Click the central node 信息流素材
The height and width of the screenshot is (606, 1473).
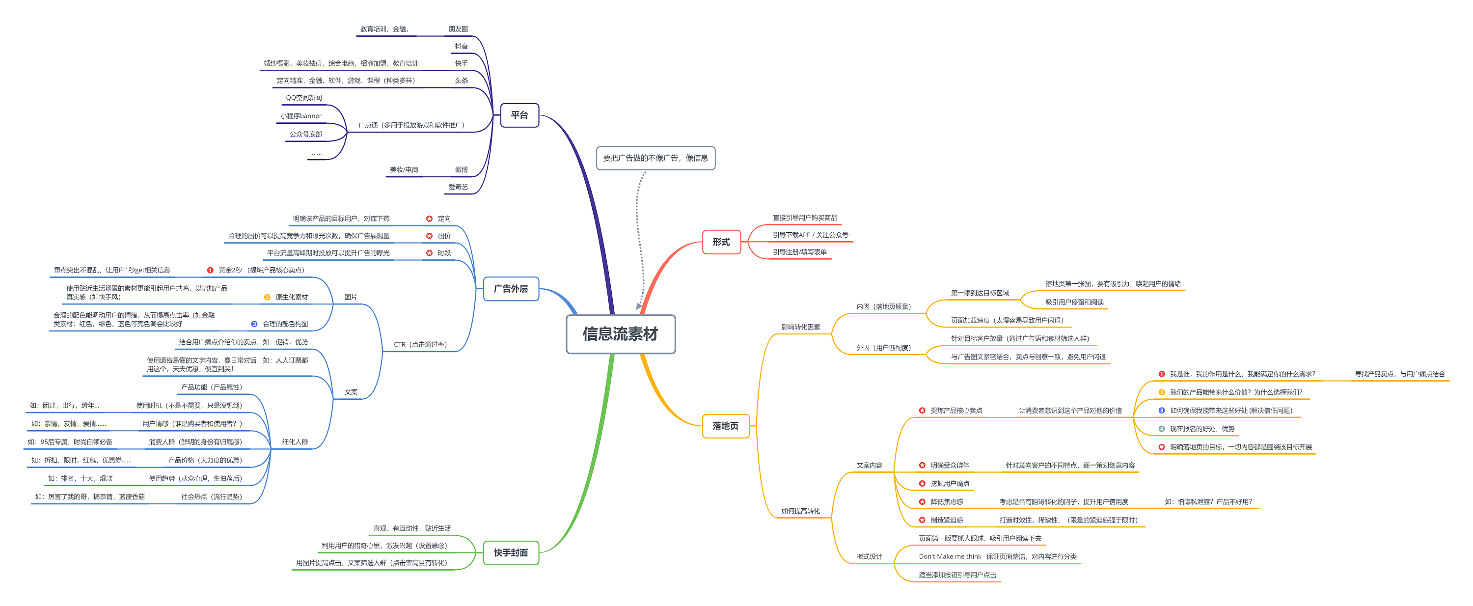coord(621,334)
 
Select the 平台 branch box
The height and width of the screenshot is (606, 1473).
coord(519,115)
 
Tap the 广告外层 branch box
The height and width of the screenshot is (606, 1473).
coord(511,289)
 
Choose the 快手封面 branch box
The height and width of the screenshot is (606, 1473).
coord(511,553)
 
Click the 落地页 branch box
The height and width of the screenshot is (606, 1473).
coord(725,426)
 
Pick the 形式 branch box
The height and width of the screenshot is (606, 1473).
coord(721,242)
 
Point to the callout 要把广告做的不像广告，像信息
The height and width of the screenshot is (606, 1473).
coord(655,158)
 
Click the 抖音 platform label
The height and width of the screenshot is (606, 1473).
coord(461,46)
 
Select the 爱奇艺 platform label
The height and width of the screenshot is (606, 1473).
coord(458,187)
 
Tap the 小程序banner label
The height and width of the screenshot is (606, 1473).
coord(301,116)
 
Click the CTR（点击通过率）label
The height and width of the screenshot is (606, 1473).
coord(420,345)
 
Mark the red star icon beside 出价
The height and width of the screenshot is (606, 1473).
coord(429,236)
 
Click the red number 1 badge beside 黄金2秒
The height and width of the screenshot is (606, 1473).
coord(210,271)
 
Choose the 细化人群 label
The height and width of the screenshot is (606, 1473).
coord(295,442)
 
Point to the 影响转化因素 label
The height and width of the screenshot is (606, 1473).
coord(800,327)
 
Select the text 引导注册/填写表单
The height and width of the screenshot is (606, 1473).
coord(799,252)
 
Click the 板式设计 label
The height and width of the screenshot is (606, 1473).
coord(869,557)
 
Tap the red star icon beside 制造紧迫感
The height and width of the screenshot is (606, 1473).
coord(922,520)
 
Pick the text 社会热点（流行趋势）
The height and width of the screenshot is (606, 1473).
coord(212,497)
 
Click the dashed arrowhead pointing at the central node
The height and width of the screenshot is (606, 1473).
coord(639,306)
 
